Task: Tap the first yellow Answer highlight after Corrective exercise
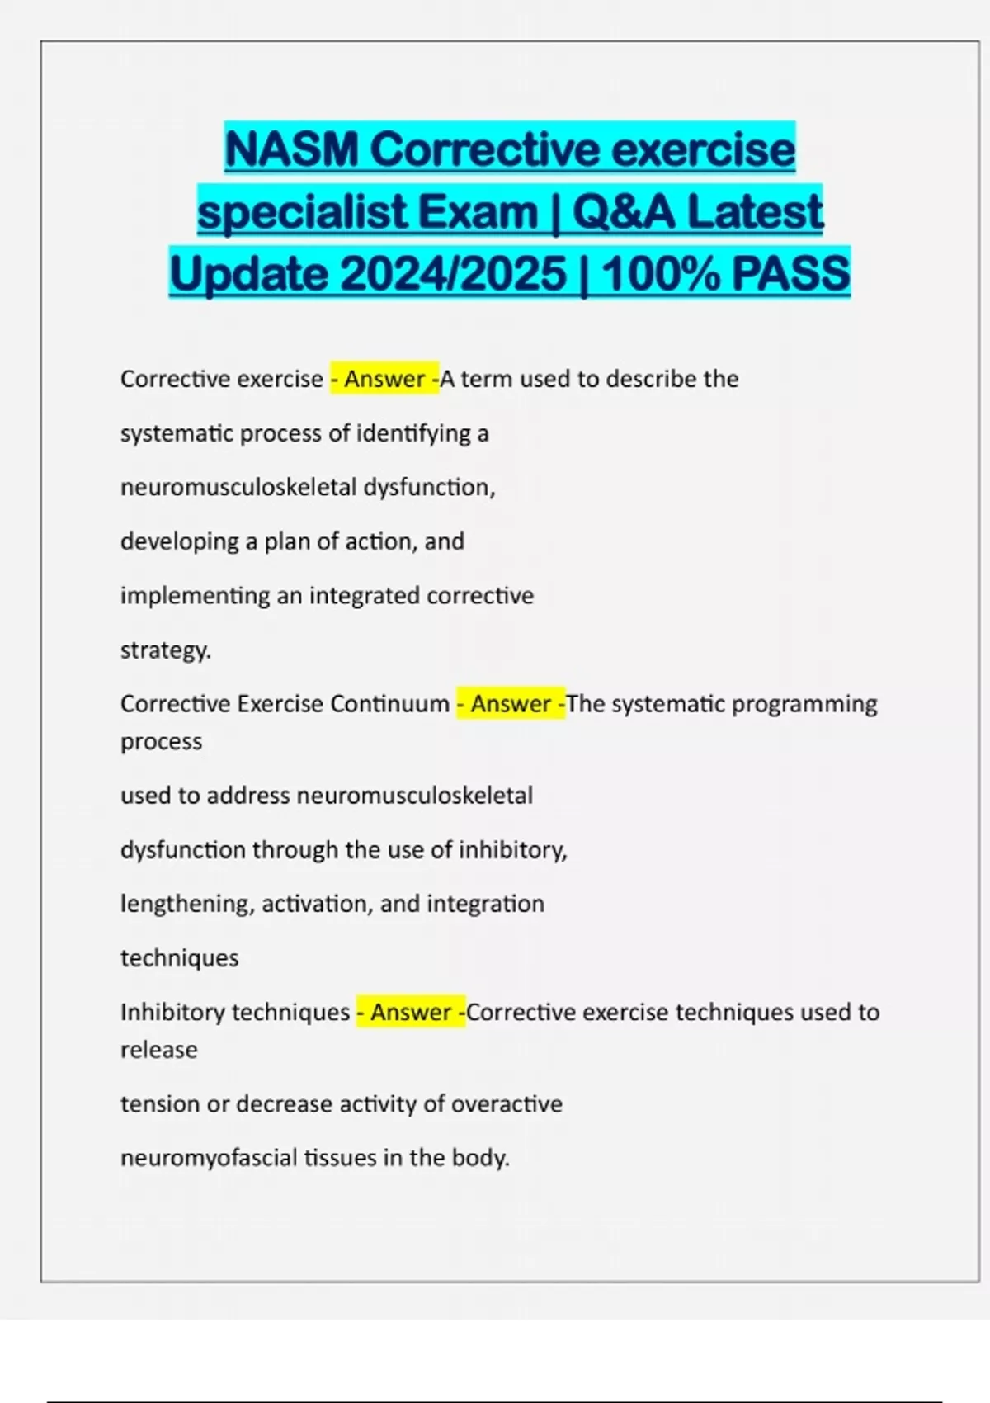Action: pos(384,379)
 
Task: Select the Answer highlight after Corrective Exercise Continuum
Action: pos(511,704)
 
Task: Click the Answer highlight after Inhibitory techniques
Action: pos(410,1012)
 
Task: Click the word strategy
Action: pos(165,650)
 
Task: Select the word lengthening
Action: pos(187,904)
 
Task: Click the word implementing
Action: pos(195,596)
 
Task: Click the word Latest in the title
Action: pos(755,212)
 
